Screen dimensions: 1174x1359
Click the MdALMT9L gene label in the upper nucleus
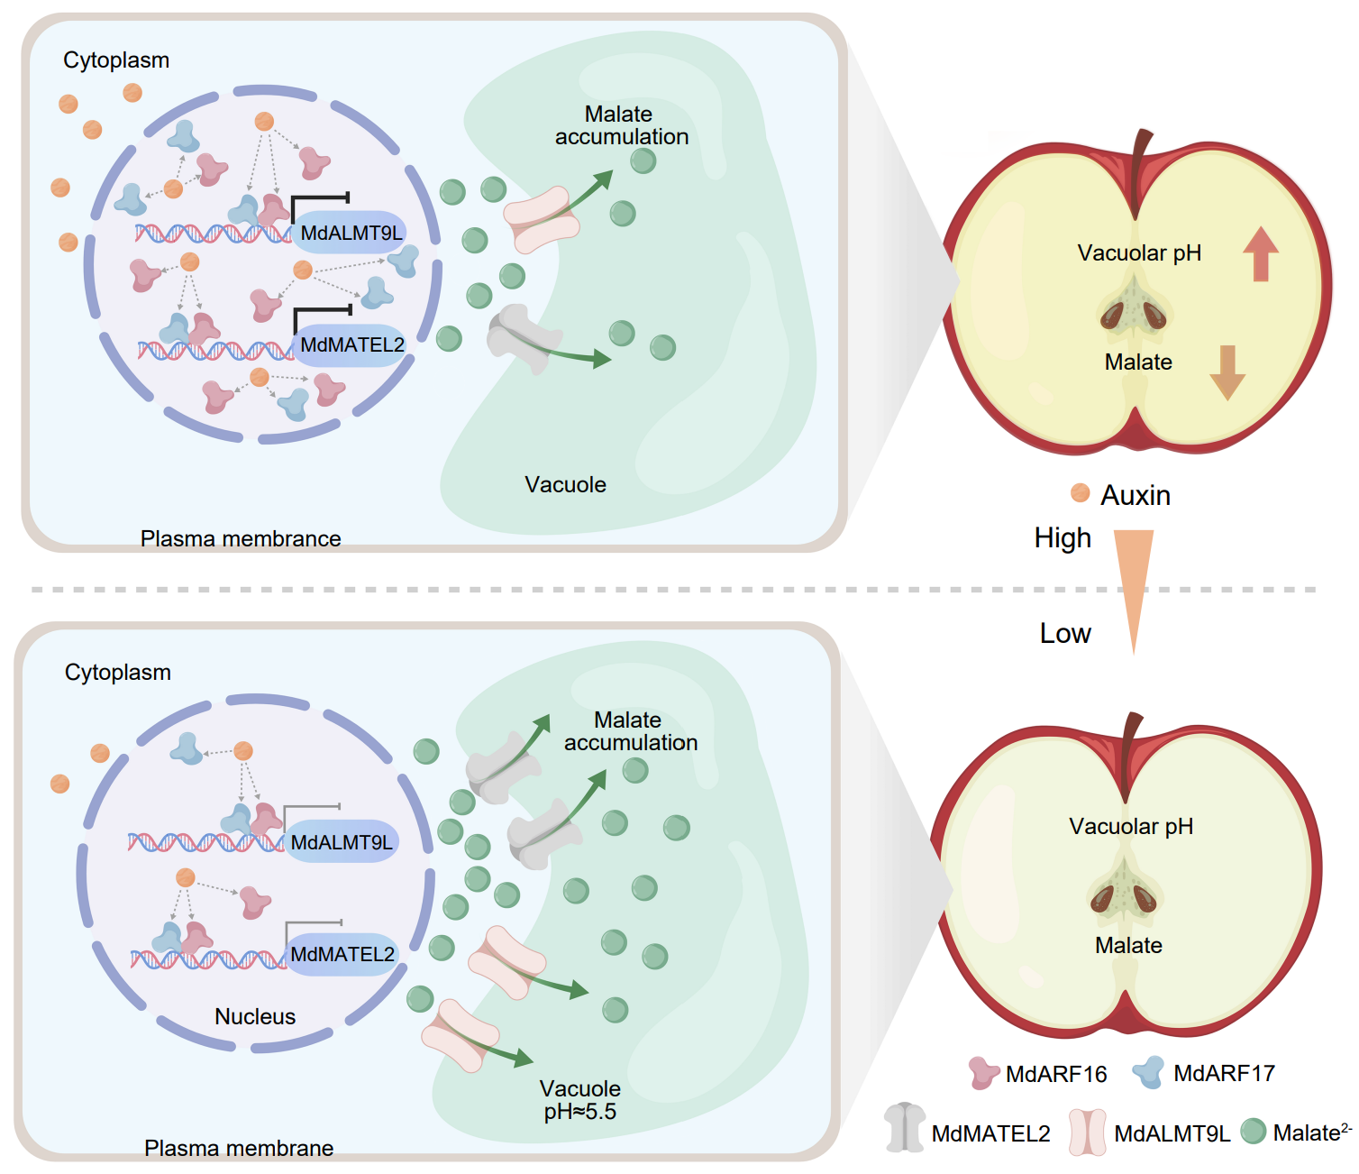coord(351,233)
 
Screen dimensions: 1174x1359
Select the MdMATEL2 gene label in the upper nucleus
coord(351,344)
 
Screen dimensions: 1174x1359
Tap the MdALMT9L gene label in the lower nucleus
coord(342,842)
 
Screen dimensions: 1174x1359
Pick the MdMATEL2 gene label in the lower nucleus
coord(342,954)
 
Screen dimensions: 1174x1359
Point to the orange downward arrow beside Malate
coord(1227,371)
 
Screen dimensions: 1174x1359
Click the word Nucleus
coord(255,1016)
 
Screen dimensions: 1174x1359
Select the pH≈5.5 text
coord(580,1112)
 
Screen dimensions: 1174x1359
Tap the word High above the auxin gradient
coord(1063,538)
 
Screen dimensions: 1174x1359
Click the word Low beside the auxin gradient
coord(1065,634)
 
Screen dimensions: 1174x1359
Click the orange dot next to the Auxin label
coord(1081,492)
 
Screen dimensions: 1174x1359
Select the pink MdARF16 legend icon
coord(983,1072)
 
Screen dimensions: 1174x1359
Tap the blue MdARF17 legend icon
coord(1149,1071)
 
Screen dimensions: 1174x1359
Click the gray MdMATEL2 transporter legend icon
coord(905,1127)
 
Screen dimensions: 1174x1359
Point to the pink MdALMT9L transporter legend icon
coord(1088,1131)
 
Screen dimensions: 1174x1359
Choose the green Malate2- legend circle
coord(1254,1131)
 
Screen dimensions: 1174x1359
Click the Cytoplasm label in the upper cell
coord(116,60)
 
